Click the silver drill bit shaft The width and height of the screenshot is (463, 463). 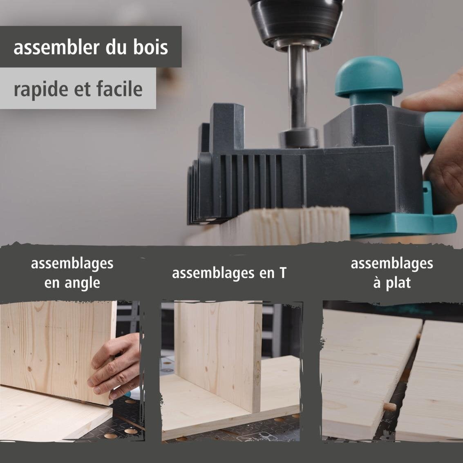pyautogui.click(x=298, y=87)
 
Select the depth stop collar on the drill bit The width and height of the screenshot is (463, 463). pyautogui.click(x=299, y=138)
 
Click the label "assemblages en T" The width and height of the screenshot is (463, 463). pyautogui.click(x=229, y=273)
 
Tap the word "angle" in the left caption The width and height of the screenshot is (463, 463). pyautogui.click(x=83, y=283)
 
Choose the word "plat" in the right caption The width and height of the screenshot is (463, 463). pyautogui.click(x=398, y=283)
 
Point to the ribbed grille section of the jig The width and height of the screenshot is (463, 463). pyautogui.click(x=251, y=181)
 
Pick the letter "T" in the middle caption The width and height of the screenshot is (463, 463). pyautogui.click(x=283, y=273)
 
